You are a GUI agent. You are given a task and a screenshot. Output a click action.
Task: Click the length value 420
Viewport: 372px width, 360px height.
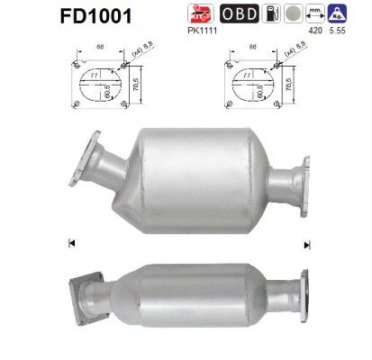point(315,30)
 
